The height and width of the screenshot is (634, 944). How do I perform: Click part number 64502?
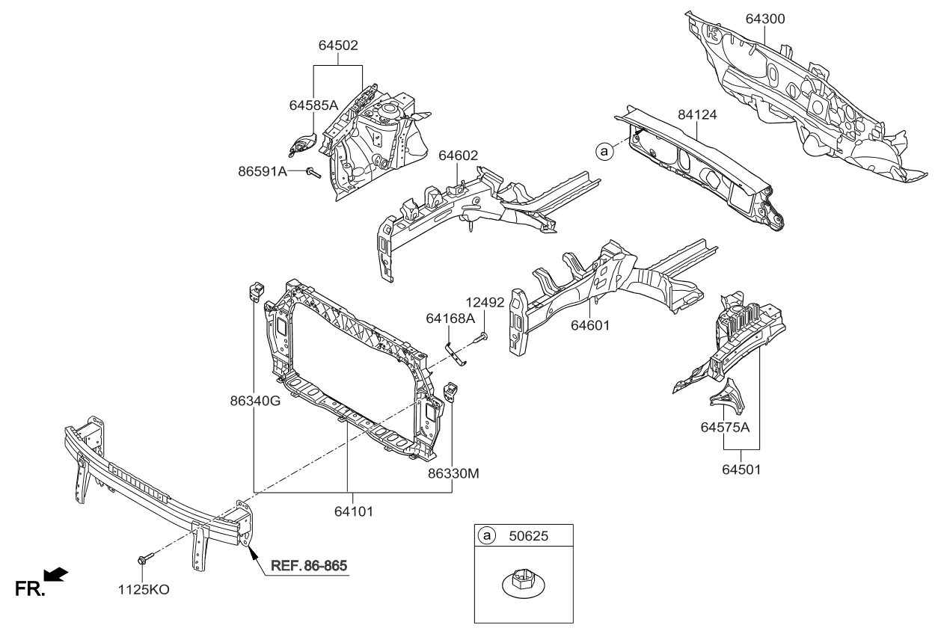338,46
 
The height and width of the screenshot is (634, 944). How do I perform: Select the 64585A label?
313,106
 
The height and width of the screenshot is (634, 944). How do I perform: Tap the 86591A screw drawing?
313,173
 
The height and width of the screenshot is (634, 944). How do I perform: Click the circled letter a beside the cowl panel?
603,151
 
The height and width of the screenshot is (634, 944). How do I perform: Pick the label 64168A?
451,318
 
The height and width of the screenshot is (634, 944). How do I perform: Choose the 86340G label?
255,400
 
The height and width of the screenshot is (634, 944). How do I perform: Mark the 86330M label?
454,473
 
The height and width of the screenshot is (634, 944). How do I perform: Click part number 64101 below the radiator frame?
349,512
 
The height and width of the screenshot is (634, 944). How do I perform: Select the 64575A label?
726,428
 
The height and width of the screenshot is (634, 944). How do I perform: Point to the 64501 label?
741,470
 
